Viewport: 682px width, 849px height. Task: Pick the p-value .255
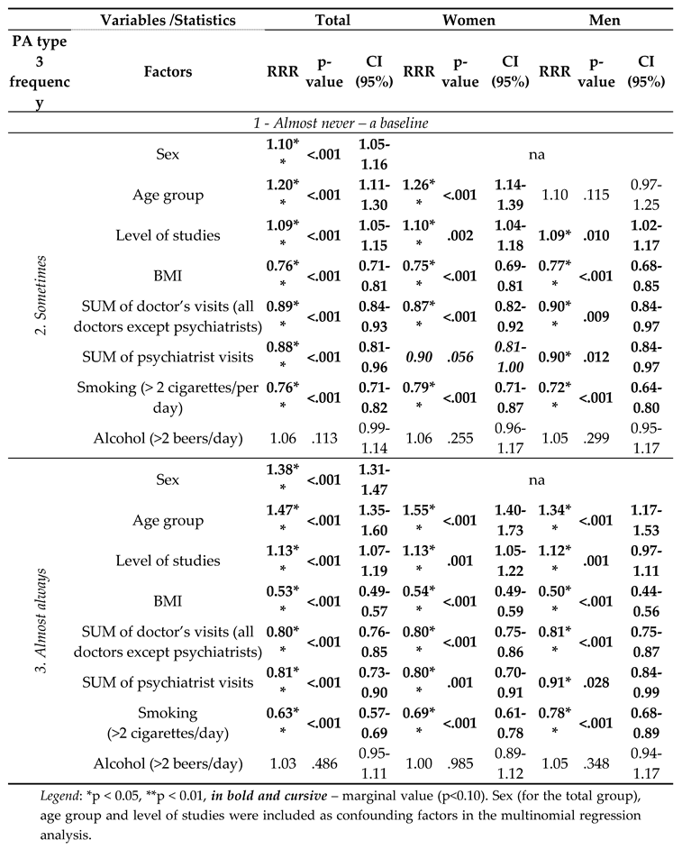point(464,439)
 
